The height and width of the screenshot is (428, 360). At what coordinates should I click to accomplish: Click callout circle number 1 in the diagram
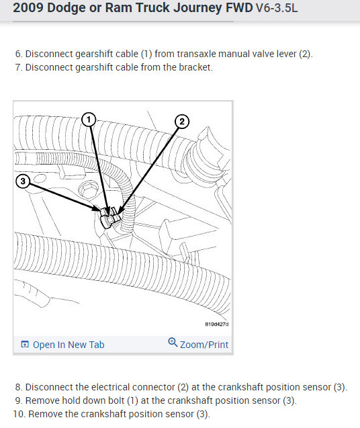(89, 120)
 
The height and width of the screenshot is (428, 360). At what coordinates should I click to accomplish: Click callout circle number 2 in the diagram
(182, 121)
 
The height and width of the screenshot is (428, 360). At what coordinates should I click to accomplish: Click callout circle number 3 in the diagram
(23, 181)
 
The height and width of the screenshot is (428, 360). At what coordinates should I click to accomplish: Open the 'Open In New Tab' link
(69, 345)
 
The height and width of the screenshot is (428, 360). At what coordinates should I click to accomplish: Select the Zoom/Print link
(204, 345)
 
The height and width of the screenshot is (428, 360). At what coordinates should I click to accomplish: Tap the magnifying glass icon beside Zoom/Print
(173, 342)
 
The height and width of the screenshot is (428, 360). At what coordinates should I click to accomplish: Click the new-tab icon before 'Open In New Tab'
(25, 345)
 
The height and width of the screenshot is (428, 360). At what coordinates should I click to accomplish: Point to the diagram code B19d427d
(217, 325)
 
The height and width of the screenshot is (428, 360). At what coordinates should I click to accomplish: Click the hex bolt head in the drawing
(87, 189)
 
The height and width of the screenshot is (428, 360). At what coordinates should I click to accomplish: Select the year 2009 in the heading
(28, 7)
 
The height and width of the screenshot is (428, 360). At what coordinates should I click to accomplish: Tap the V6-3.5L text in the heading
(277, 8)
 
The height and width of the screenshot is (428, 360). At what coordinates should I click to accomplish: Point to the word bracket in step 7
(195, 67)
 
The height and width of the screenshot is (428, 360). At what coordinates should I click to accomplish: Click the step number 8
(19, 387)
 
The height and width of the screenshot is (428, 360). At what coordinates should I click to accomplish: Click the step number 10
(19, 414)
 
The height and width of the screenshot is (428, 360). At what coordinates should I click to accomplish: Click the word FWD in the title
(239, 7)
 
